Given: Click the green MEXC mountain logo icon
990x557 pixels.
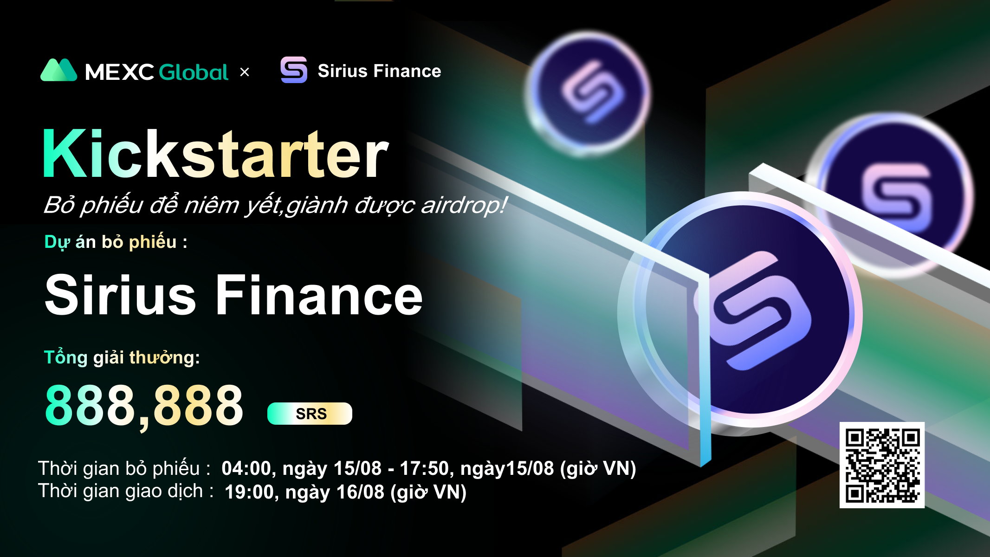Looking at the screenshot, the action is point(58,70).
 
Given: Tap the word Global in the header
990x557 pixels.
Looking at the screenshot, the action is point(194,72).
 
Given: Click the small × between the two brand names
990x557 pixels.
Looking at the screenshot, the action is point(245,72).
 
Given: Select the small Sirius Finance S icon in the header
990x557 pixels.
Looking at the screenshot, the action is point(294,70).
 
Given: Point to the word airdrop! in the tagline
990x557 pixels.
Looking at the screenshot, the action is point(464,205).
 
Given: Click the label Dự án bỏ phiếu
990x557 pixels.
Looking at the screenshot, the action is point(116,242).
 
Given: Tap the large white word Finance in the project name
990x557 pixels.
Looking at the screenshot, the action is point(319,295).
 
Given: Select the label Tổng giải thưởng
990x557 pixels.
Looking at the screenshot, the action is point(122,357).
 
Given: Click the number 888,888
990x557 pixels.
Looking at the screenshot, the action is point(144,406).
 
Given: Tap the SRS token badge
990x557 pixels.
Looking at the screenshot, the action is point(310,414).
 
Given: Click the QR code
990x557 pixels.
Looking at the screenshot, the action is point(882,465).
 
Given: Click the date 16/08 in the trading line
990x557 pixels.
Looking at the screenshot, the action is point(360,492).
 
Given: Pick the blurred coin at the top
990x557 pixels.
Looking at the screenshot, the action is point(588,92).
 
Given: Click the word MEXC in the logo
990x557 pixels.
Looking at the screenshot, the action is point(119,72).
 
